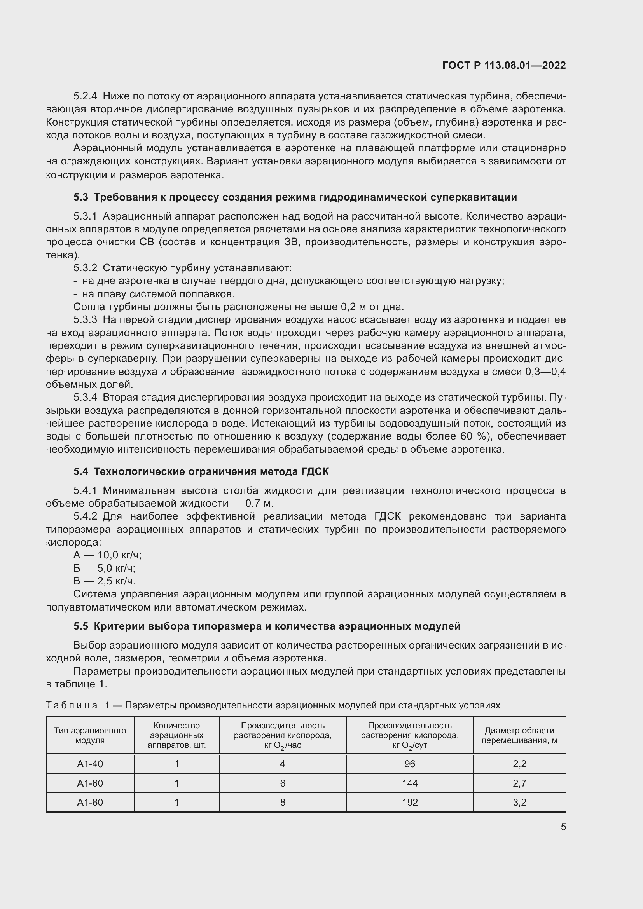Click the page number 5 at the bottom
coord(563,827)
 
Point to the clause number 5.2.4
coord(85,96)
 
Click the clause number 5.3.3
coord(85,319)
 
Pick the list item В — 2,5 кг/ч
coord(105,581)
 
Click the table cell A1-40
coord(90,764)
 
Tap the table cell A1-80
coord(90,803)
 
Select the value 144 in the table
coord(409,783)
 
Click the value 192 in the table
coord(409,803)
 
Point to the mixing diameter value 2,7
coord(519,783)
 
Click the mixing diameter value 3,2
coord(519,803)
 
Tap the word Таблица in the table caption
coord(72,705)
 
